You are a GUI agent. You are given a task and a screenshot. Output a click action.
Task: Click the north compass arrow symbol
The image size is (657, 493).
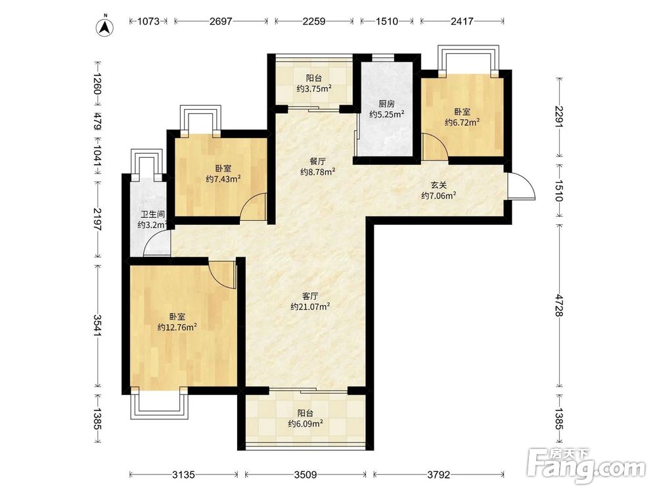(106, 27)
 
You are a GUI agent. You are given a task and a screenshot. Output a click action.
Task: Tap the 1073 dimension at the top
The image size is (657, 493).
(148, 21)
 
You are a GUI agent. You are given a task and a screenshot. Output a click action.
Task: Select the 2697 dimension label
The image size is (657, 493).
(221, 21)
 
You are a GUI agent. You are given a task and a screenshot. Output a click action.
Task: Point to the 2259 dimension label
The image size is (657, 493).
(314, 21)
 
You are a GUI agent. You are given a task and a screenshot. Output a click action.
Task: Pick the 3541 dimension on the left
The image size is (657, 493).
(98, 325)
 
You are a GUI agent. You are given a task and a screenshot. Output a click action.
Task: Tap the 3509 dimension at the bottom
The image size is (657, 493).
(306, 475)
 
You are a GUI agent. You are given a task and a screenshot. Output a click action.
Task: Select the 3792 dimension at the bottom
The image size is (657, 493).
(439, 475)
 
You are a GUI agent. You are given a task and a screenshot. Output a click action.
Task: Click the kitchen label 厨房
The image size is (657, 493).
(386, 104)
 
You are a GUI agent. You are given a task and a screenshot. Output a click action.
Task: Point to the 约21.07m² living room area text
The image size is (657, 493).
(311, 307)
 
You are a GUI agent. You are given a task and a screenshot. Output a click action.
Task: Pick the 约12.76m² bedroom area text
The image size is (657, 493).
(177, 327)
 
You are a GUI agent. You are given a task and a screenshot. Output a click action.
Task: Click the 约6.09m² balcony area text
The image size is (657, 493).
(306, 424)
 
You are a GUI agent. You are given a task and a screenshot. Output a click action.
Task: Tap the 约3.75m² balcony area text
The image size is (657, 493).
(314, 89)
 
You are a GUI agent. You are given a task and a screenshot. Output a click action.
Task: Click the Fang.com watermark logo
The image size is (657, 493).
(587, 466)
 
